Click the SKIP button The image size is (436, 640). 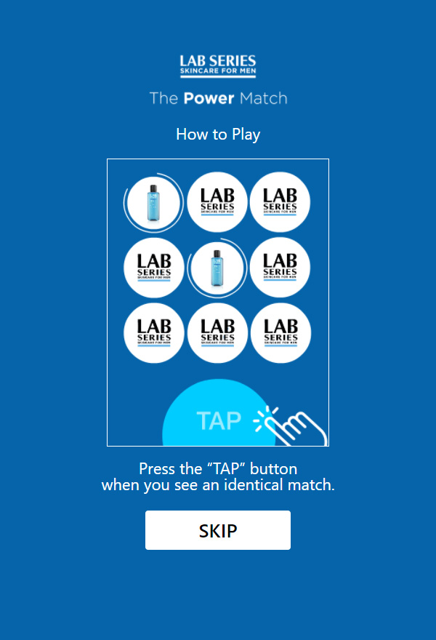[x=218, y=530]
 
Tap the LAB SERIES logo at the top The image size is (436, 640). [x=218, y=65]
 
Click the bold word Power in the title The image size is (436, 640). [x=209, y=98]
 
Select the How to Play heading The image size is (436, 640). [x=218, y=135]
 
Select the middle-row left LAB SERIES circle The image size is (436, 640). [x=154, y=267]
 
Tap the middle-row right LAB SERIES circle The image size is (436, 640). [x=280, y=267]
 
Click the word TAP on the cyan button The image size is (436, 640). [x=219, y=420]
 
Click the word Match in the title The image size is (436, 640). [x=264, y=98]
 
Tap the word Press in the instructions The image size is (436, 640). [x=158, y=468]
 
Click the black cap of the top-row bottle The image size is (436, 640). [x=153, y=188]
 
